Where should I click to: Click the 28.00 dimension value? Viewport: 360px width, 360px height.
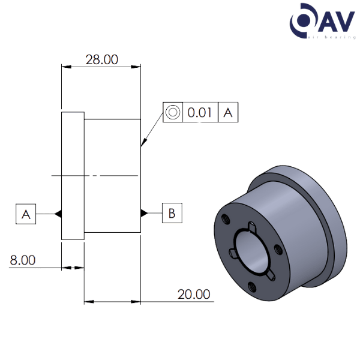click(x=101, y=60)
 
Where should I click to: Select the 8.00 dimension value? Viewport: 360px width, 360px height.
click(x=22, y=260)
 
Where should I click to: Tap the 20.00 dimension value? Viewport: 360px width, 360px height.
click(x=193, y=294)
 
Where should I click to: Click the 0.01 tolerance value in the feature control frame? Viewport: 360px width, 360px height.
click(x=200, y=112)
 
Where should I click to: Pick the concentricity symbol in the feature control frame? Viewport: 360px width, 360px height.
click(x=173, y=112)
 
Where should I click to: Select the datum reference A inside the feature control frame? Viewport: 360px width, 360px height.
click(x=227, y=112)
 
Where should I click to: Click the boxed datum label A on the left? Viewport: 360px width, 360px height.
click(x=26, y=214)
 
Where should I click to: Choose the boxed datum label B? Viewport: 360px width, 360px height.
click(x=172, y=213)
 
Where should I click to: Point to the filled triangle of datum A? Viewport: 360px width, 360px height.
click(x=58, y=214)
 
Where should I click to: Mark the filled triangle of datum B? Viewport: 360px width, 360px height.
click(x=144, y=213)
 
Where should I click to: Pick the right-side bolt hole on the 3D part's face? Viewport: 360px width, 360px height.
click(x=277, y=248)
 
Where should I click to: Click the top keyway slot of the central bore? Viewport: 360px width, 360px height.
click(x=253, y=226)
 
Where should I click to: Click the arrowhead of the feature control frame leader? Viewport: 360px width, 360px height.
click(x=142, y=144)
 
